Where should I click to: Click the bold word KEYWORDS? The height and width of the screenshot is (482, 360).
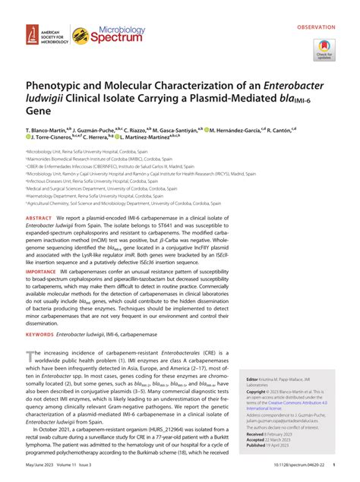43,334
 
